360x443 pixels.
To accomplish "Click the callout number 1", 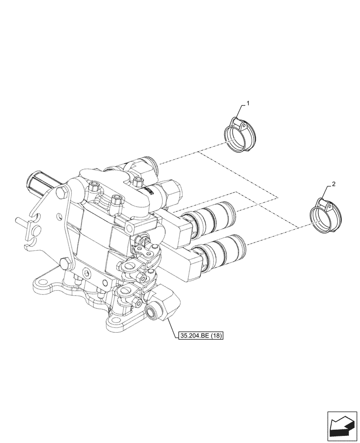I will coord(248,103).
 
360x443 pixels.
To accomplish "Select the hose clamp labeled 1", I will coord(239,135).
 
